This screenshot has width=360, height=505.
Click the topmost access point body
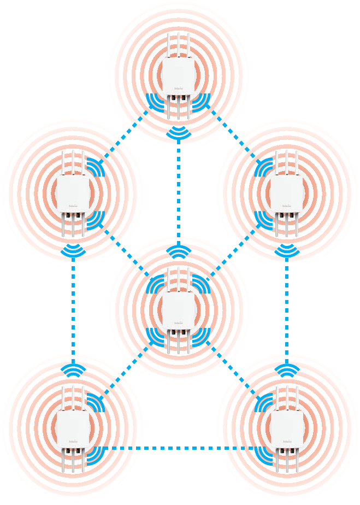tap(178, 76)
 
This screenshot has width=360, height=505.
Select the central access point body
tap(178, 309)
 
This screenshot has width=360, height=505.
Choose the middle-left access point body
tap(73, 194)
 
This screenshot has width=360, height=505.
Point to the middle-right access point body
tap(286, 194)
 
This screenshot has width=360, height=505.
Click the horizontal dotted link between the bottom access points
tap(180, 448)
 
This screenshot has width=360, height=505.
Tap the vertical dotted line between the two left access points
tap(73, 309)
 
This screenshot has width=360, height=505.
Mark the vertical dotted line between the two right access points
tap(287, 309)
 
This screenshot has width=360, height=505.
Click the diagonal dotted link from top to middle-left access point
tap(124, 136)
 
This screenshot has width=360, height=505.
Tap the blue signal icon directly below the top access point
tap(179, 132)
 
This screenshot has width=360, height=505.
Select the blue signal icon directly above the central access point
tap(179, 251)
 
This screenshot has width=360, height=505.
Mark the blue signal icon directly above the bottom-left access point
tap(73, 370)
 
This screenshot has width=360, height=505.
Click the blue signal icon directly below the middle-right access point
tap(287, 250)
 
